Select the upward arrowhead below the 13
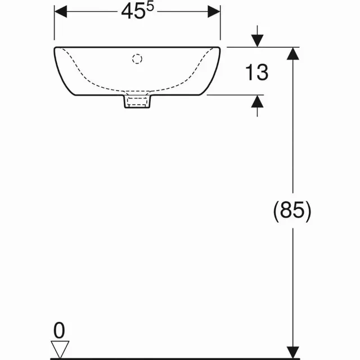pyautogui.click(x=257, y=101)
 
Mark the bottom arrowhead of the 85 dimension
pyautogui.click(x=292, y=350)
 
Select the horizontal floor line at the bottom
pyautogui.click(x=169, y=357)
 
